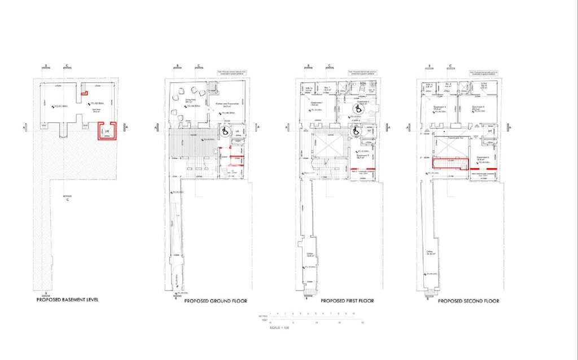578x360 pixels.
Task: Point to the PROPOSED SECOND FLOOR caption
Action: click(x=468, y=301)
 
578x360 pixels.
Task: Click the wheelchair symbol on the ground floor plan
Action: click(x=224, y=131)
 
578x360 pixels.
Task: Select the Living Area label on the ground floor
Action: click(x=182, y=98)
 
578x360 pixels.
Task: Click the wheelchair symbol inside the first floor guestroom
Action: click(x=357, y=109)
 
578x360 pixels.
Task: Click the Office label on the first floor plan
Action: click(x=311, y=254)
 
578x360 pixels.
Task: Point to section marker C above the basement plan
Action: click(x=67, y=67)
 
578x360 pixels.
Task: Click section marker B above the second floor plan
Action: click(x=430, y=67)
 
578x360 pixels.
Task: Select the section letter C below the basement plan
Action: click(x=67, y=199)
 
